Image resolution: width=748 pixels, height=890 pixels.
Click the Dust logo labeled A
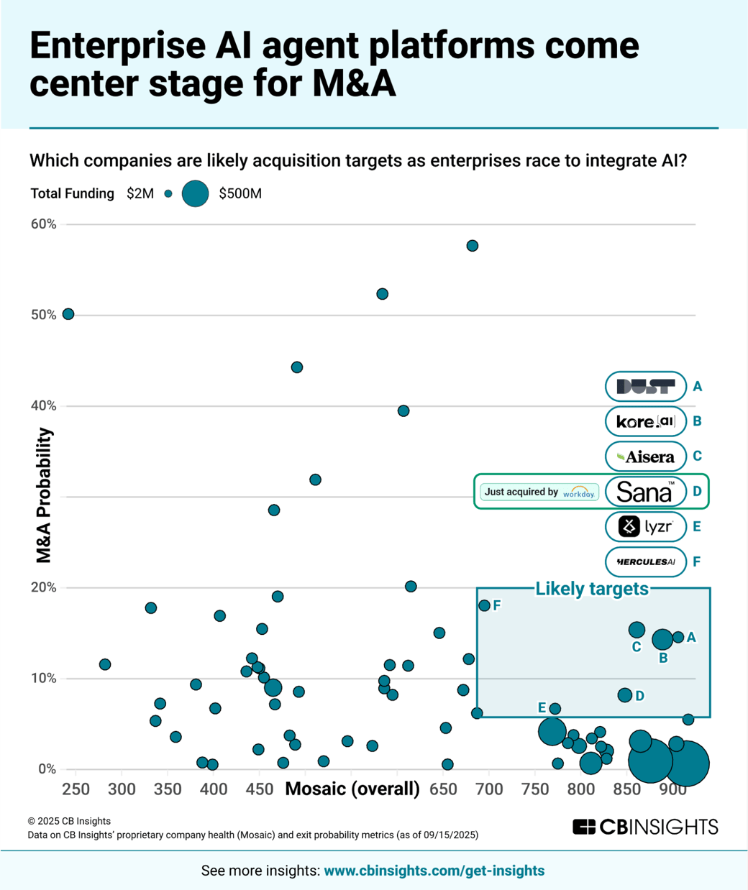645,387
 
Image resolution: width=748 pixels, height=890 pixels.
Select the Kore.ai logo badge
645,421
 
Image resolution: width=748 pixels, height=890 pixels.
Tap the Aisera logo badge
645,457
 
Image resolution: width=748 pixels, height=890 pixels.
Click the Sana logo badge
645,492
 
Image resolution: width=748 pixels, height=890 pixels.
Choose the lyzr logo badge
645,527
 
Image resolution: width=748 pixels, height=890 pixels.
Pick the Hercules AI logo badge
645,561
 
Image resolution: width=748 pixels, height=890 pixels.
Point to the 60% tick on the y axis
43,224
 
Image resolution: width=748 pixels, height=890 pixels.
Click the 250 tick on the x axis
76,789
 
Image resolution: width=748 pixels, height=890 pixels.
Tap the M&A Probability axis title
45,495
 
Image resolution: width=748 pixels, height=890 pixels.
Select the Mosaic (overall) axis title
352,789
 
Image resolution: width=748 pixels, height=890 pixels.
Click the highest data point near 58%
473,246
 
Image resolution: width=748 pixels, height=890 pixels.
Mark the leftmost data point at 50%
68,314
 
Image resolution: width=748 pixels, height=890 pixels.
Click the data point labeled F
484,605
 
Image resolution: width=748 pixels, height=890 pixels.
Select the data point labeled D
625,695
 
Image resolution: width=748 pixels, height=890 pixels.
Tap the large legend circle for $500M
195,193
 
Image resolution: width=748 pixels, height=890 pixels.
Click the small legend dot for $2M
168,193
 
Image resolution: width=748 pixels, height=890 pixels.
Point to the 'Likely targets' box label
592,589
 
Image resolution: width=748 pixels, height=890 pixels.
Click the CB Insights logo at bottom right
645,827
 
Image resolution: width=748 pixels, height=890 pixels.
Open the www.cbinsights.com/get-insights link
434,871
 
